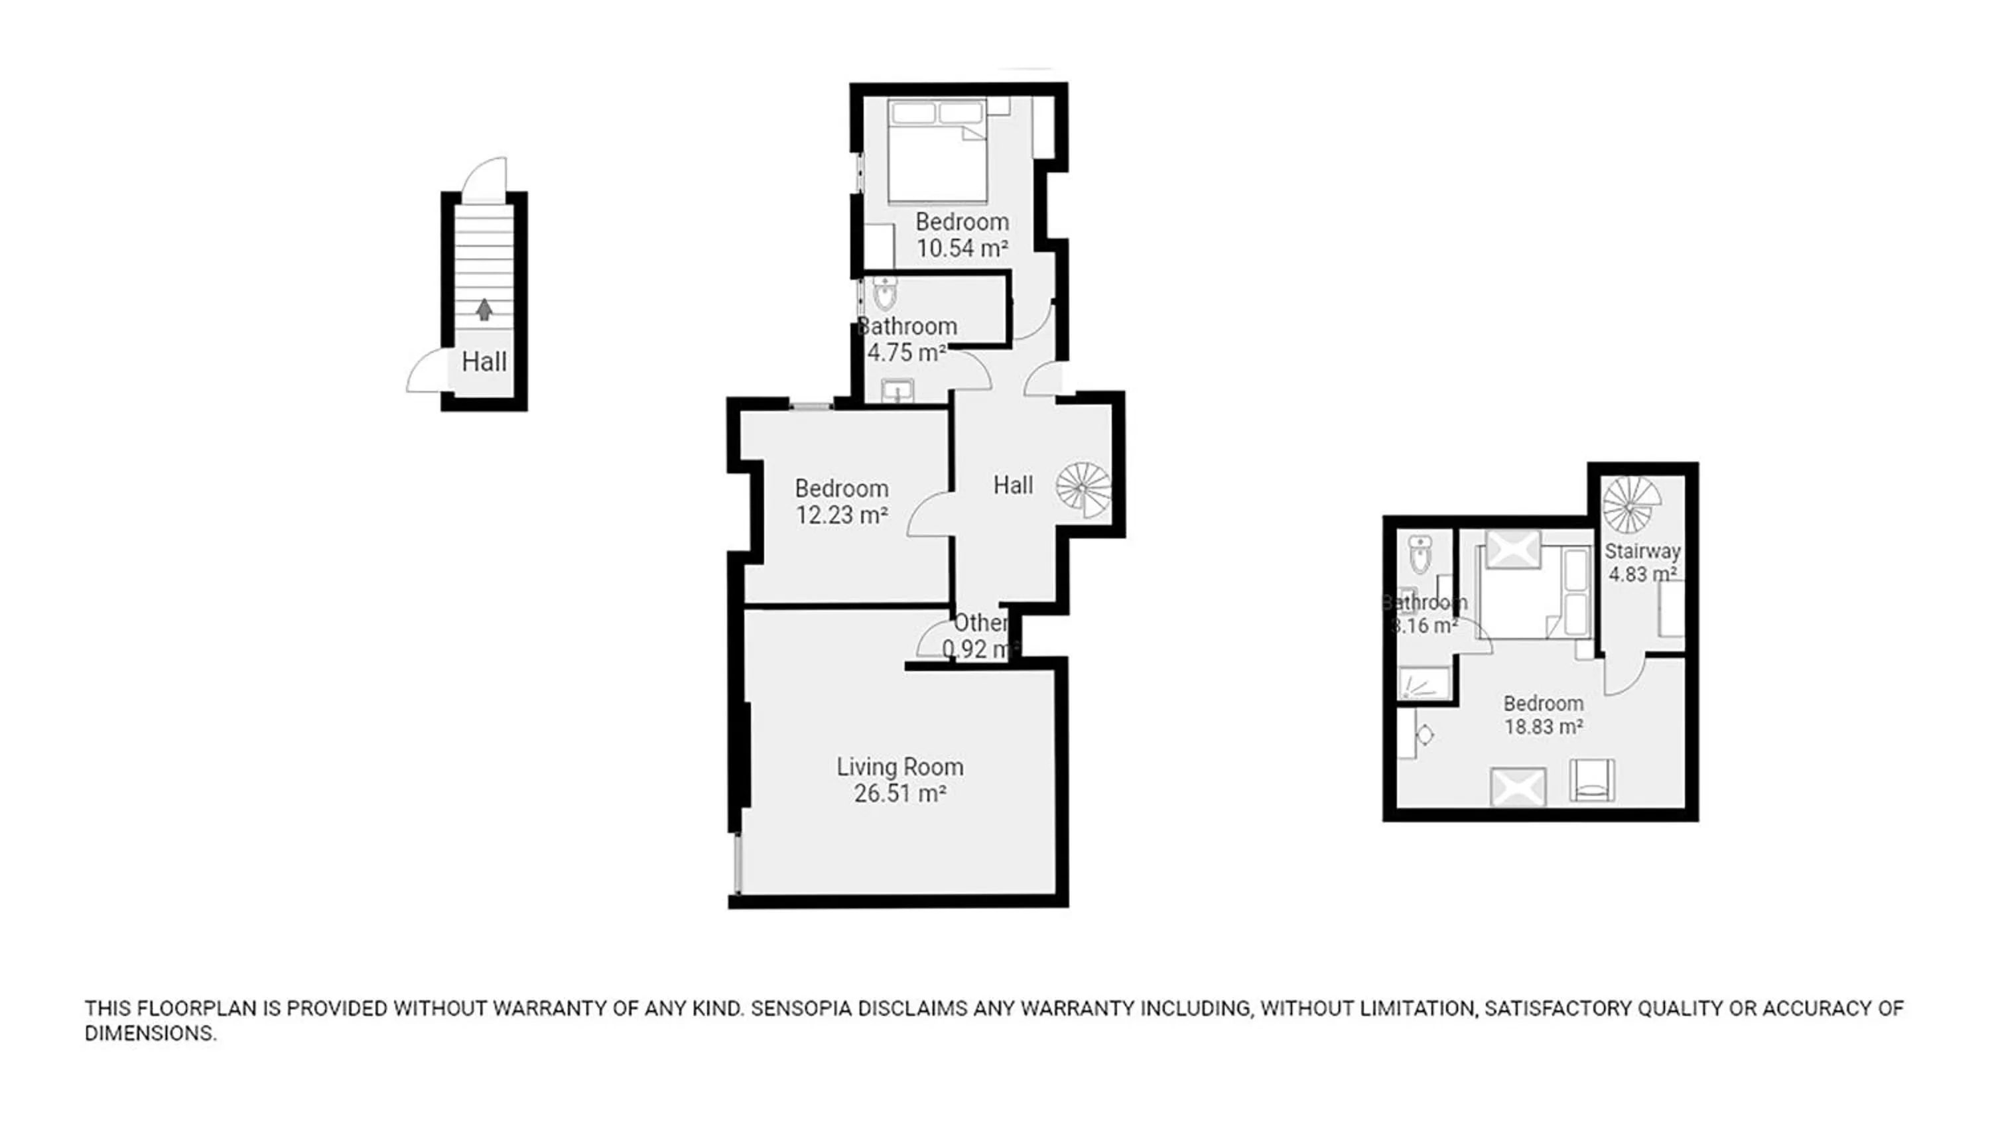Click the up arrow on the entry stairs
(x=484, y=310)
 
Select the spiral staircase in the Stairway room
(x=1631, y=505)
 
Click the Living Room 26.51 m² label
(x=899, y=780)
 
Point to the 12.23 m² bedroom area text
(x=841, y=515)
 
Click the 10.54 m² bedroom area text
(x=962, y=249)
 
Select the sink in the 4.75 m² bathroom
(x=897, y=391)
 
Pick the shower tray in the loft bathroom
(x=1424, y=683)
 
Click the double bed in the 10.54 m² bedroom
(x=937, y=151)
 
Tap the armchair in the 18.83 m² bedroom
(x=1592, y=780)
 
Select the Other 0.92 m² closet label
(x=980, y=635)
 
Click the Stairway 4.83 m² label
(x=1642, y=562)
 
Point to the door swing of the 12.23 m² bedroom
(x=928, y=515)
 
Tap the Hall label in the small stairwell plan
(x=484, y=361)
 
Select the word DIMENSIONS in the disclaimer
(x=150, y=1034)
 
